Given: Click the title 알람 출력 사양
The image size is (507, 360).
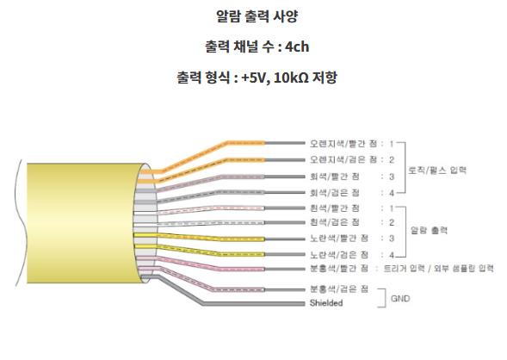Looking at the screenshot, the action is tap(257, 16).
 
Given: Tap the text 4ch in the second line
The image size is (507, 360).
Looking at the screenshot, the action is tap(297, 47).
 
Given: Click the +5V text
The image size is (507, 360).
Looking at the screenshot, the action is tap(254, 78).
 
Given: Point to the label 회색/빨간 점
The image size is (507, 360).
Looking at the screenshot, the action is tap(335, 177).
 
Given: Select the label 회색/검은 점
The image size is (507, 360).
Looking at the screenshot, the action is tap(335, 193).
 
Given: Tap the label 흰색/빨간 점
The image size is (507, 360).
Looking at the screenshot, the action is tap(335, 208).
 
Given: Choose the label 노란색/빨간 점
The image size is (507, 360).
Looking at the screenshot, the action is tap(339, 239).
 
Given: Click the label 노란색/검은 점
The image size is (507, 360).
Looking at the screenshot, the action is tap(339, 255).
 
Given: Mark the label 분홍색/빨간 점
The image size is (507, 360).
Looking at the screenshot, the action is tap(339, 269).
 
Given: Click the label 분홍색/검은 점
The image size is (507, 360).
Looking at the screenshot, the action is tap(339, 289).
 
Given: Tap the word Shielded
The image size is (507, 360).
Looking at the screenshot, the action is tap(326, 303).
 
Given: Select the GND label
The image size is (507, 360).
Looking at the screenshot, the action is tap(400, 298).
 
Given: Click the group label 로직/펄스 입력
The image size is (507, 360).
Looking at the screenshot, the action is tap(437, 171).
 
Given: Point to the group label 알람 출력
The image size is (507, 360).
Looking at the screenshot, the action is tap(429, 230).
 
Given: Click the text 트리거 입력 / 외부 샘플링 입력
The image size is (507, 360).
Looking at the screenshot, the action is tap(438, 269).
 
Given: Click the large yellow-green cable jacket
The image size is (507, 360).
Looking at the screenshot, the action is tap(81, 223).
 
